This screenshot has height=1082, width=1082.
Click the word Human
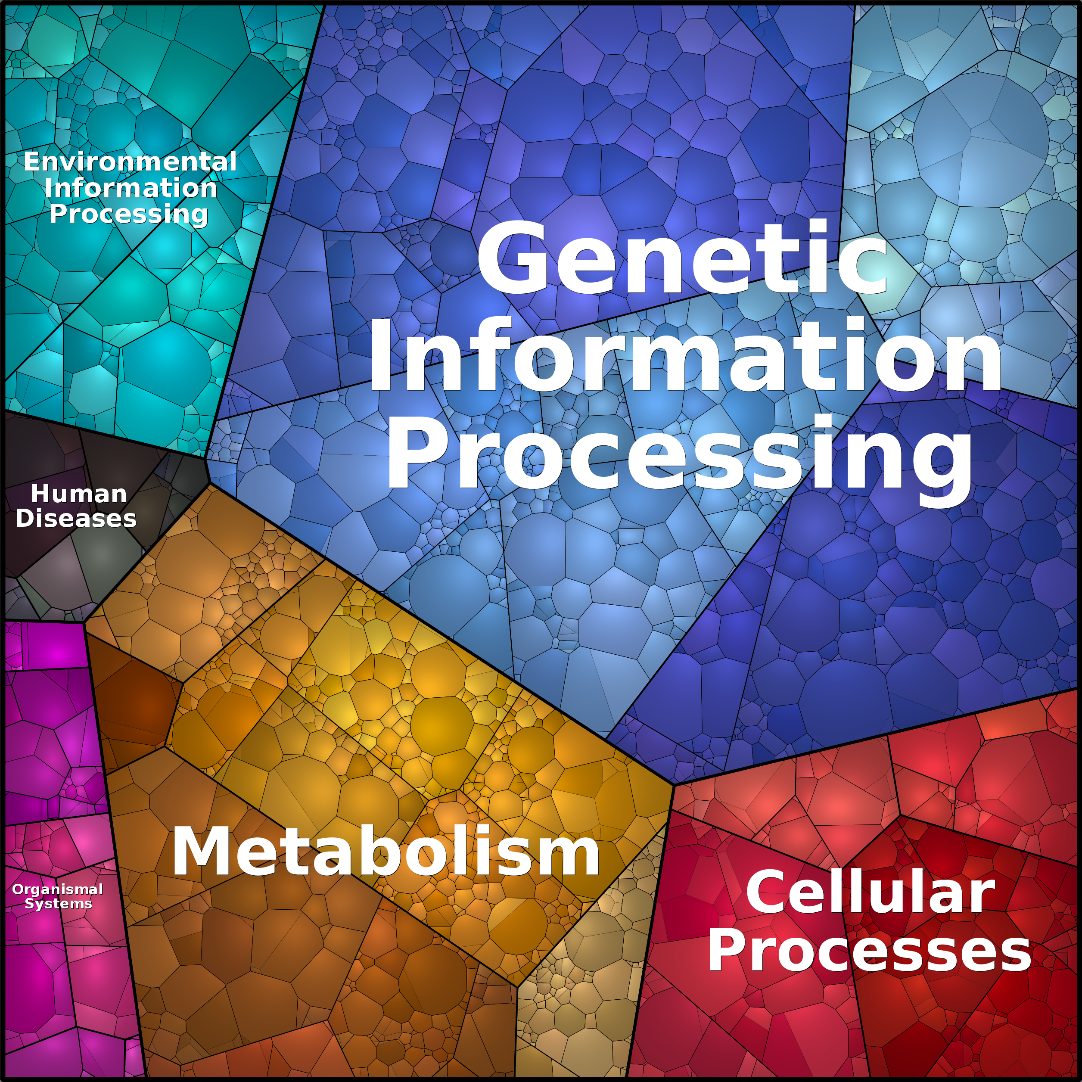[79, 494]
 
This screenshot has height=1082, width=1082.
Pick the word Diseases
[76, 519]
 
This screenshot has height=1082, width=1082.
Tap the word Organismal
[58, 890]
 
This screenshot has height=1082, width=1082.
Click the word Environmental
[130, 162]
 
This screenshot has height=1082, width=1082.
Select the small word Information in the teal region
[131, 188]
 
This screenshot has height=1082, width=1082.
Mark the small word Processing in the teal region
[129, 215]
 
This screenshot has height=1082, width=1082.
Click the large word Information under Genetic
[685, 354]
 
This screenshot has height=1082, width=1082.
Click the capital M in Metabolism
[203, 851]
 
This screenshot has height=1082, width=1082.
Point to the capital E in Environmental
[32, 162]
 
